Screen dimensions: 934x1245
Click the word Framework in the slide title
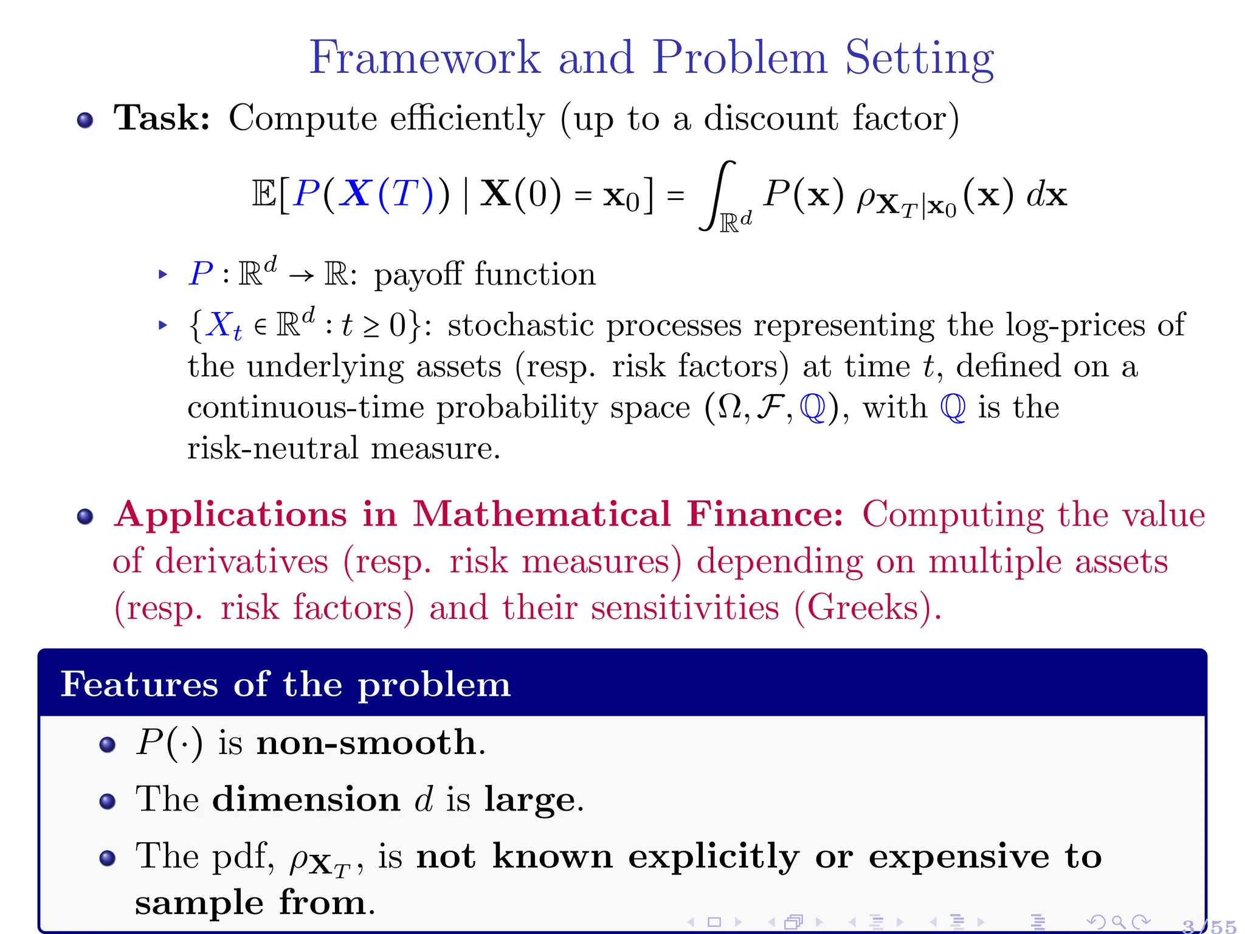pyautogui.click(x=424, y=58)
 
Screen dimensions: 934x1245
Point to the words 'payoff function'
pyautogui.click(x=485, y=274)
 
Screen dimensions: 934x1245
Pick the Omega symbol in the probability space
pyautogui.click(x=729, y=407)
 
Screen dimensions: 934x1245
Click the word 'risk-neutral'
pyautogui.click(x=273, y=448)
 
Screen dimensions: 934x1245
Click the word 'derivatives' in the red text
pyautogui.click(x=241, y=561)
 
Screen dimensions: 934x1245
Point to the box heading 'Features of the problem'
pyautogui.click(x=286, y=684)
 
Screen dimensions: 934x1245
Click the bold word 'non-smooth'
pyautogui.click(x=367, y=742)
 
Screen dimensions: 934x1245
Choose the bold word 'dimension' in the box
pyautogui.click(x=306, y=799)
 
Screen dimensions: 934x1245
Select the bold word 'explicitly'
pyautogui.click(x=714, y=857)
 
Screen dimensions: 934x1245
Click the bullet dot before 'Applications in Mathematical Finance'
pyautogui.click(x=85, y=517)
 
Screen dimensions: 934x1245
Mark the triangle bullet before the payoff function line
pyautogui.click(x=162, y=274)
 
